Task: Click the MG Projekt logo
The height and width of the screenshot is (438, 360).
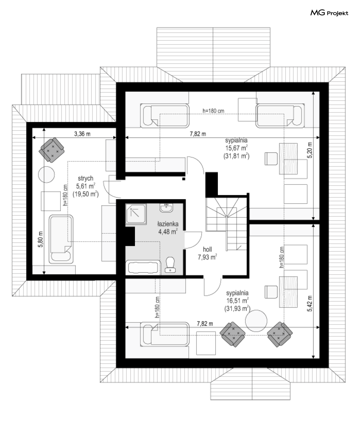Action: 329,13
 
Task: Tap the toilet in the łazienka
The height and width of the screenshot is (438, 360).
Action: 170,264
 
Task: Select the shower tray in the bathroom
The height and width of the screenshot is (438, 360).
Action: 136,214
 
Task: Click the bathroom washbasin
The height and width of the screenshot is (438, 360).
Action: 166,208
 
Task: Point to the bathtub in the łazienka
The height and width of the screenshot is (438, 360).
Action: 143,268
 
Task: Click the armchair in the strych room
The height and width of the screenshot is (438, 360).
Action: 51,150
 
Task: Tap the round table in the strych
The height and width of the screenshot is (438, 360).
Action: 46,174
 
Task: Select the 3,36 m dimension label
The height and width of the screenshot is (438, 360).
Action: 82,134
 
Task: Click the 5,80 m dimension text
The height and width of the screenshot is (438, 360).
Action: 41,239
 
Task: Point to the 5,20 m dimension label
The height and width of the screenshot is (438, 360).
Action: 310,150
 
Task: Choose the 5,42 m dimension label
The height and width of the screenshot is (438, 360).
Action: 310,303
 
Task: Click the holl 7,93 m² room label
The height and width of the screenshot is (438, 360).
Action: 207,254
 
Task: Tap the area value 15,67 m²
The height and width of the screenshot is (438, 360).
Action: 236,148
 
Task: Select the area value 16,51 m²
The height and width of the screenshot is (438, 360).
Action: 237,301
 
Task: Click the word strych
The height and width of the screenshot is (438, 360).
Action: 86,178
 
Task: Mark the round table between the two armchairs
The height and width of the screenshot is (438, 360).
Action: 256,321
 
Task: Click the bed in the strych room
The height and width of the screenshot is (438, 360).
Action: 61,239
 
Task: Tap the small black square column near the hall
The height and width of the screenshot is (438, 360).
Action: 184,179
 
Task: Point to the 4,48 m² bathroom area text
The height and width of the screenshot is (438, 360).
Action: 168,231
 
